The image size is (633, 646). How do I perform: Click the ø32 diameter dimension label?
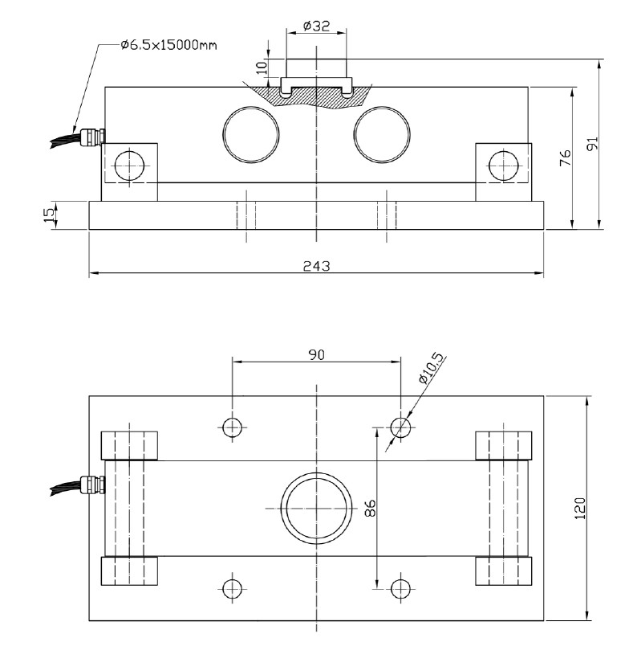pos(318,26)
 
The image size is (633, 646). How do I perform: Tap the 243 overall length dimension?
pos(318,265)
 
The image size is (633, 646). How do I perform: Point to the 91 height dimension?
pos(592,144)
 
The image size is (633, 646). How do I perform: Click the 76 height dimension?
pos(564,157)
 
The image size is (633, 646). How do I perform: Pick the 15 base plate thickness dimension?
pos(49,215)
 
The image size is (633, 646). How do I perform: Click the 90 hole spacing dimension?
pos(316,354)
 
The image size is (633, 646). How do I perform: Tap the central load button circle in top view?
pos(317,509)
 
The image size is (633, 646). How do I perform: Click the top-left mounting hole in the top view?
pos(233,427)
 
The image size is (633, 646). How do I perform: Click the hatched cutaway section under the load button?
pos(317,96)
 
